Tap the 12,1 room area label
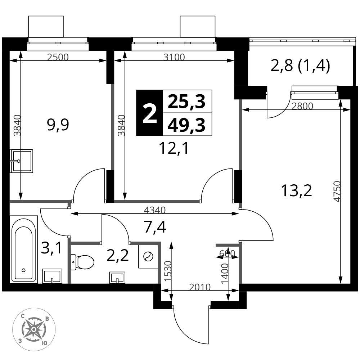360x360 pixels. coord(174,148)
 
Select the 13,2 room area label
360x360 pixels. coord(296,190)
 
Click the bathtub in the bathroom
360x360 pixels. coord(23,249)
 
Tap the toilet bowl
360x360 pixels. coord(83,262)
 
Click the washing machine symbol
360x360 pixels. coord(148,256)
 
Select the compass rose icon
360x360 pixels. coord(34,329)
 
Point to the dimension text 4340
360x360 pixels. coord(154,210)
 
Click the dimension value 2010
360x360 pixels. coord(200,287)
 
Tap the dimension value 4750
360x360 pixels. coord(337,192)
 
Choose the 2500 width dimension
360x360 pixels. coord(58,57)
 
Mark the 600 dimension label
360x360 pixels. coord(227,253)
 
